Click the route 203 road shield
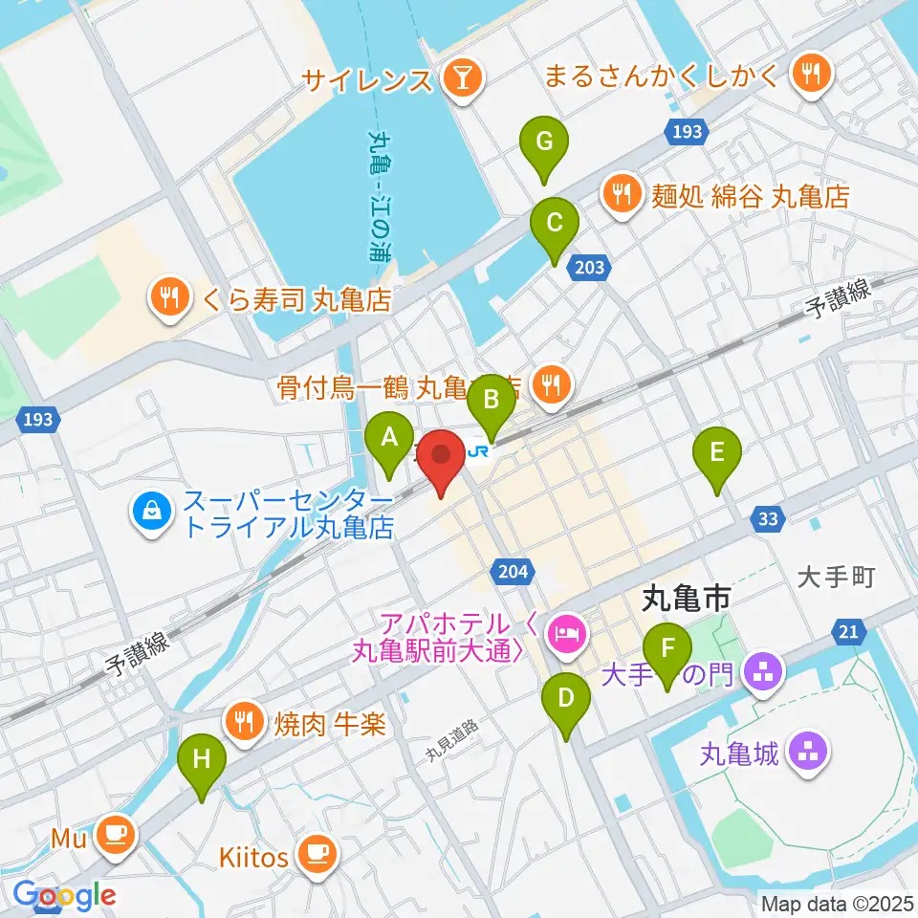coord(590,268)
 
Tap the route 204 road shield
coord(513,571)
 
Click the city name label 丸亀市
coord(685,601)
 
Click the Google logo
coord(64,895)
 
